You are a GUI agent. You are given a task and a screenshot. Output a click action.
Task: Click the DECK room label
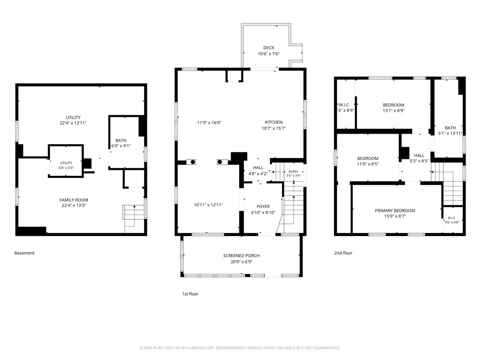(x=268, y=48)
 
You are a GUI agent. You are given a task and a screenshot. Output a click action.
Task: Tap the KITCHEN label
(x=274, y=122)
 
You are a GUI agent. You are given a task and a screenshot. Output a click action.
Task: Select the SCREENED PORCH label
(x=242, y=256)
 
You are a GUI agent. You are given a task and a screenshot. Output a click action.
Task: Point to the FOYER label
(x=263, y=206)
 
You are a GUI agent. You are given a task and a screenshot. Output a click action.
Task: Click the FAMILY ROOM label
(x=74, y=200)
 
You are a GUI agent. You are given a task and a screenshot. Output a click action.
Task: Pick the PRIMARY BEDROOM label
(x=395, y=210)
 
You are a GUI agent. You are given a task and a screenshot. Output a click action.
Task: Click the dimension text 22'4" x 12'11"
(x=73, y=123)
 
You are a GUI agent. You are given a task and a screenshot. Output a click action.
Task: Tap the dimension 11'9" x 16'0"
(x=209, y=123)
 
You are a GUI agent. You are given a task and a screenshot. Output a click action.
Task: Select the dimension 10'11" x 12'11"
(x=208, y=205)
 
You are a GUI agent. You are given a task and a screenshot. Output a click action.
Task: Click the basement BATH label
(x=121, y=140)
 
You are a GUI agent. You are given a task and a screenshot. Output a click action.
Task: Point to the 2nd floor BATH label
(x=450, y=128)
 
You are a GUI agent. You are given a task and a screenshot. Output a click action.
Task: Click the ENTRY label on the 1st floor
(x=293, y=172)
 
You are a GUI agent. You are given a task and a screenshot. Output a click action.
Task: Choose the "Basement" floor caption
(x=24, y=253)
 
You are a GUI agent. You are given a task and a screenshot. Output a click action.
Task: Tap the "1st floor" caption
(x=190, y=294)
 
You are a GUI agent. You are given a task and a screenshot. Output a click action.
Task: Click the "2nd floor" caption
(x=343, y=253)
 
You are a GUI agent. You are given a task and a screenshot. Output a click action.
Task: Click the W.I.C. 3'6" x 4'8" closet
(x=453, y=220)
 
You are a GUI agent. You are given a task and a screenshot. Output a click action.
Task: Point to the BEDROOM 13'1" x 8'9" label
(x=394, y=105)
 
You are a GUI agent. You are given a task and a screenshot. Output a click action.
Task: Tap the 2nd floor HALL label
(x=419, y=156)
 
